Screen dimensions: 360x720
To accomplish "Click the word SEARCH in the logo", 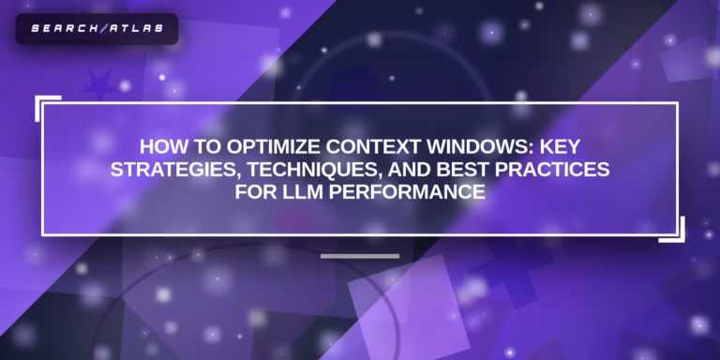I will click(62, 28).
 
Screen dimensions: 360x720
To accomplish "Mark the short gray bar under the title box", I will click(360, 255).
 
